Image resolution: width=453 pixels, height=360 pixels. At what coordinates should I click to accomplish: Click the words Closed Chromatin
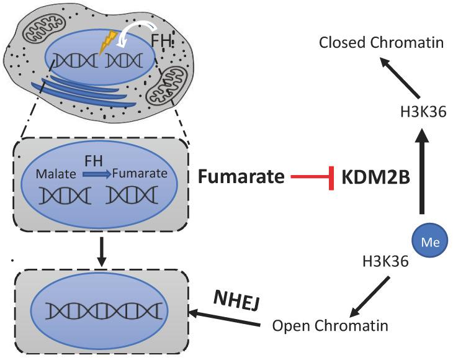pyautogui.click(x=381, y=43)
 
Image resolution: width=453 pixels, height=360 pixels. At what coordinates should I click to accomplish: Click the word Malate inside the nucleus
pyautogui.click(x=55, y=173)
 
